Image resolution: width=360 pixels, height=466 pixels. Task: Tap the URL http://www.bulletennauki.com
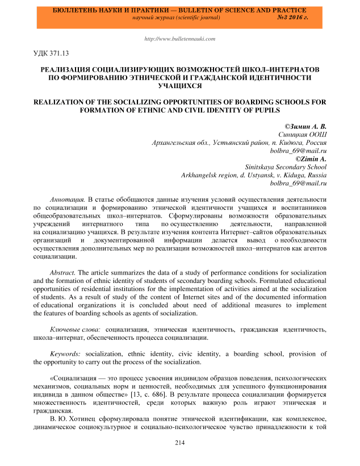coord(179,39)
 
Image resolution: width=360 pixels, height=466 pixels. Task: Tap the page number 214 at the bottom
coord(179,443)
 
